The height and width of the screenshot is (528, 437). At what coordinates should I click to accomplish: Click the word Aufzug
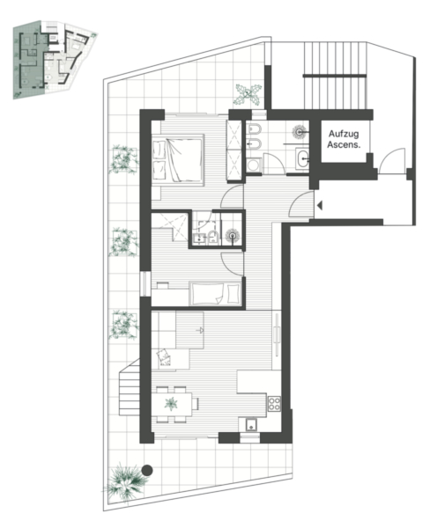pos(344,134)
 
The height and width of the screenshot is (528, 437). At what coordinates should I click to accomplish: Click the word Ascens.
pos(344,145)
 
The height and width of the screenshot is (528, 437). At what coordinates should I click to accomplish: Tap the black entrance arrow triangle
pos(320,205)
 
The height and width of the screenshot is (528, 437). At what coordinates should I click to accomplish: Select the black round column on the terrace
pos(146,470)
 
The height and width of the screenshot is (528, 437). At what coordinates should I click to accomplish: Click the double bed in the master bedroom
pos(178,160)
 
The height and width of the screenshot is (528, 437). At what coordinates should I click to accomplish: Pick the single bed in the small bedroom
pos(215,293)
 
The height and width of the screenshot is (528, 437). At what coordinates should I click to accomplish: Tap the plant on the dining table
pos(171,404)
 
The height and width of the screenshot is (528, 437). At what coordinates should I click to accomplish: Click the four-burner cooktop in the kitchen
pos(274,404)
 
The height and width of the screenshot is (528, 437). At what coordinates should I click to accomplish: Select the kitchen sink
pos(251,425)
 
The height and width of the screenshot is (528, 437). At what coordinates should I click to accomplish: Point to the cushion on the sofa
pos(164,357)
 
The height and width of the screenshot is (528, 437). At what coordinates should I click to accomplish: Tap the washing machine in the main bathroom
pos(253,165)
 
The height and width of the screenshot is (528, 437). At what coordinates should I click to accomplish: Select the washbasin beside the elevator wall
pos(302,158)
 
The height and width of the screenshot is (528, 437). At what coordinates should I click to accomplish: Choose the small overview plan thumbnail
pos(55,60)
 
